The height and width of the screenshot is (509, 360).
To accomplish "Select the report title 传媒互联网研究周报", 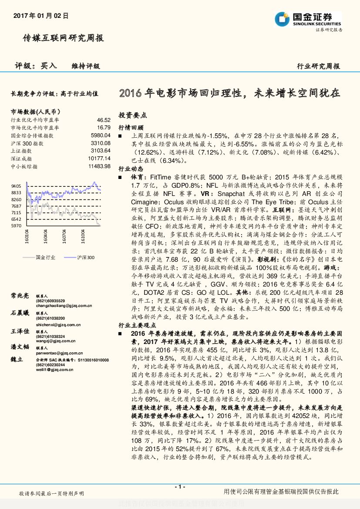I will [63, 38].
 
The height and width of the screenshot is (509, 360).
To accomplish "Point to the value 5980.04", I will [101, 135].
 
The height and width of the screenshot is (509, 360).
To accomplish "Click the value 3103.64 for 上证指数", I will [101, 151].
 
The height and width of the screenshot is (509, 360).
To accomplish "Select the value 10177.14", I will [99, 158].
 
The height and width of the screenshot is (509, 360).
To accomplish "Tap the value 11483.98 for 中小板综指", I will [99, 166].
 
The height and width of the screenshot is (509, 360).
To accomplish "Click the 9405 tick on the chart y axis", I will [16, 186].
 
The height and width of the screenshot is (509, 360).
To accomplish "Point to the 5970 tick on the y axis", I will [16, 226].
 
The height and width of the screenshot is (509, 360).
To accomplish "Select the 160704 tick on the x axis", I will [64, 237].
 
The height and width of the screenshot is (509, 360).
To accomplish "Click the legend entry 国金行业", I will [45, 257].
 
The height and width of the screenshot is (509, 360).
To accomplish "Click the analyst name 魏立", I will [17, 360].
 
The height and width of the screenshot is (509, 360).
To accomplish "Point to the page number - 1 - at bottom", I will [180, 486].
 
